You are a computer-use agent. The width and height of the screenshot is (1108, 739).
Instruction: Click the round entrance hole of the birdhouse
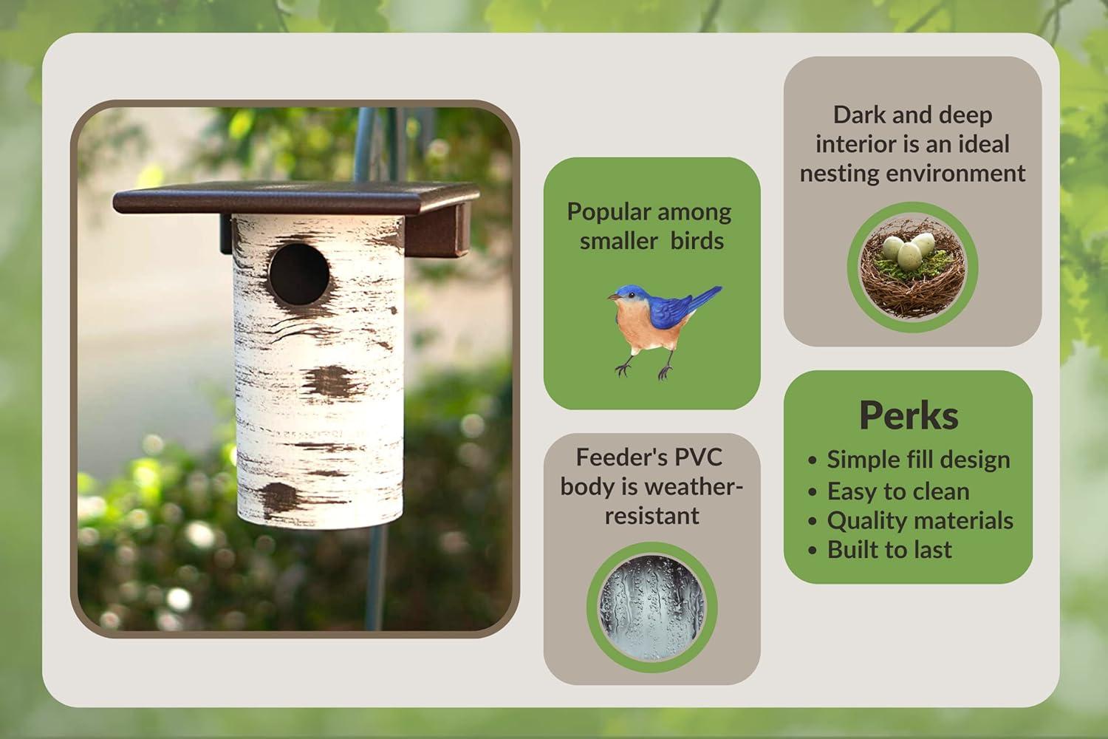pos(299,273)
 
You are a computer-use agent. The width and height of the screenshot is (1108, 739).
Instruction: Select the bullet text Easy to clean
pos(898,491)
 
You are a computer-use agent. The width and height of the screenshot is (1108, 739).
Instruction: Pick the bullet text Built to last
pos(889,549)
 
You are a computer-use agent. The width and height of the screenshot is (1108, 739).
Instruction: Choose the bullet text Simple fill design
pos(919,460)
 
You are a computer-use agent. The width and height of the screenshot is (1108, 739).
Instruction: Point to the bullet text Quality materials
pos(920,521)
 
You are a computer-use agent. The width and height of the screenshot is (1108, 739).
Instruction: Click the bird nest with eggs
pos(912,268)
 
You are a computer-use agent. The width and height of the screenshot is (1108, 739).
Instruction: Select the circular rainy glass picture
pos(652,607)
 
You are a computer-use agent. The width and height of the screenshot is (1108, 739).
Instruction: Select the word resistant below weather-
pos(652,516)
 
